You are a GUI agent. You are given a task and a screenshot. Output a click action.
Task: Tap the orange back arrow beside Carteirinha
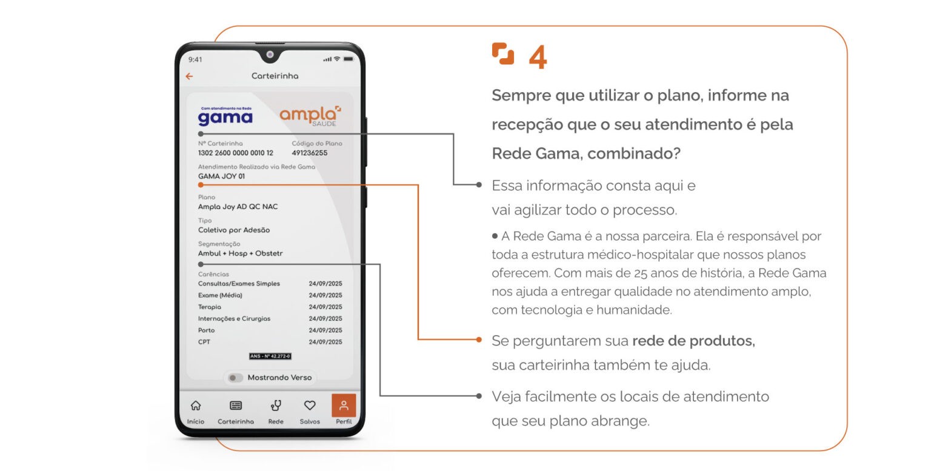[189, 76]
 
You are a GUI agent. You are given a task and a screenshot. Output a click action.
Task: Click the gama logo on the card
[225, 116]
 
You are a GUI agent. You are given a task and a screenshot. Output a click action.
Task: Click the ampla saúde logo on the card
[310, 116]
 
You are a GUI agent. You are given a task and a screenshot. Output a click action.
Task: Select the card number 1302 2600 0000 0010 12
[236, 153]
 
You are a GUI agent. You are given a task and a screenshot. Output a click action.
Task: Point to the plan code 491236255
[310, 153]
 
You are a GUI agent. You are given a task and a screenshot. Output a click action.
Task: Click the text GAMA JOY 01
[221, 176]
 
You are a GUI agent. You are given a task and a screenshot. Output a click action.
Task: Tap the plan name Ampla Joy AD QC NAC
[238, 207]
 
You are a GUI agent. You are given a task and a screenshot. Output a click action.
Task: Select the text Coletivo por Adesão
[234, 230]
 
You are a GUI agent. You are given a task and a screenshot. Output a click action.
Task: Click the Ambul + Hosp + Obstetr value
[240, 253]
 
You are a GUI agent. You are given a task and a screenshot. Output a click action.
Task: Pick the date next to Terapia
[325, 307]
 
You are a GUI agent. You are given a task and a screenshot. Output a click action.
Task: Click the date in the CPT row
[325, 342]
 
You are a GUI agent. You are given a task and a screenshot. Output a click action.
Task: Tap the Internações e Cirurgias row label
[234, 318]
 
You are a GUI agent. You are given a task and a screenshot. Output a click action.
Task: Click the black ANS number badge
[270, 356]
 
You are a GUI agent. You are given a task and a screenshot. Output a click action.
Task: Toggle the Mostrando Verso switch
[235, 378]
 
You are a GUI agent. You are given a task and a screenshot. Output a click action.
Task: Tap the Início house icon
[196, 406]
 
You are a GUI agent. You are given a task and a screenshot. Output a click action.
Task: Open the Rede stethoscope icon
[276, 406]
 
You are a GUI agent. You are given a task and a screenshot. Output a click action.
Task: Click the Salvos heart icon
[310, 406]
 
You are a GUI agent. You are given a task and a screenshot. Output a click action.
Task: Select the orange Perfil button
[344, 406]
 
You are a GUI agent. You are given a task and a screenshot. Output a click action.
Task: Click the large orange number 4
[538, 57]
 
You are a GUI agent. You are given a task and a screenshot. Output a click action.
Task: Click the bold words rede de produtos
[693, 341]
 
